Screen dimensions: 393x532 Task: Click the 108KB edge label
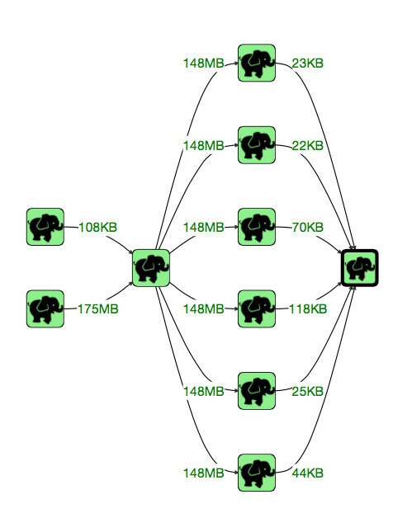click(x=97, y=227)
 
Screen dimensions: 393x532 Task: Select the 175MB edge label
click(x=98, y=309)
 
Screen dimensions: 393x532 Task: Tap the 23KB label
click(x=307, y=64)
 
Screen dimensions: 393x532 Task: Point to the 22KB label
click(x=307, y=145)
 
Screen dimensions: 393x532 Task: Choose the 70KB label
click(x=307, y=227)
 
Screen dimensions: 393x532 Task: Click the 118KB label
click(x=308, y=309)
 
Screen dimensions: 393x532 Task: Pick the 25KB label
click(x=307, y=391)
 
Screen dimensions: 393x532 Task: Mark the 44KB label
click(x=307, y=473)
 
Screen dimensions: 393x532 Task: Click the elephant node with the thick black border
click(x=360, y=268)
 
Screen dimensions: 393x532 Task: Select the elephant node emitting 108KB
click(x=45, y=227)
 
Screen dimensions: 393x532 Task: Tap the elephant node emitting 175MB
click(x=45, y=308)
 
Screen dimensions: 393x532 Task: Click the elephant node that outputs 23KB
click(x=257, y=63)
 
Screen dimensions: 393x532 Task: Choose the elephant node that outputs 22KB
click(x=257, y=145)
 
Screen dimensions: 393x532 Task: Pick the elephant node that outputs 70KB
click(x=257, y=227)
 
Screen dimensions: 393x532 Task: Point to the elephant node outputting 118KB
click(x=257, y=308)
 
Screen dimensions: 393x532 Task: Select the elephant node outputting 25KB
click(x=257, y=391)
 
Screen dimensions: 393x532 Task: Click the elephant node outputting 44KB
click(x=257, y=473)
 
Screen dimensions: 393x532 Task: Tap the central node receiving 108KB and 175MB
click(x=151, y=268)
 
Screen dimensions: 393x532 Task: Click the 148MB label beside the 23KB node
click(x=203, y=64)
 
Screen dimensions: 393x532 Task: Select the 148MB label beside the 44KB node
click(x=203, y=473)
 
